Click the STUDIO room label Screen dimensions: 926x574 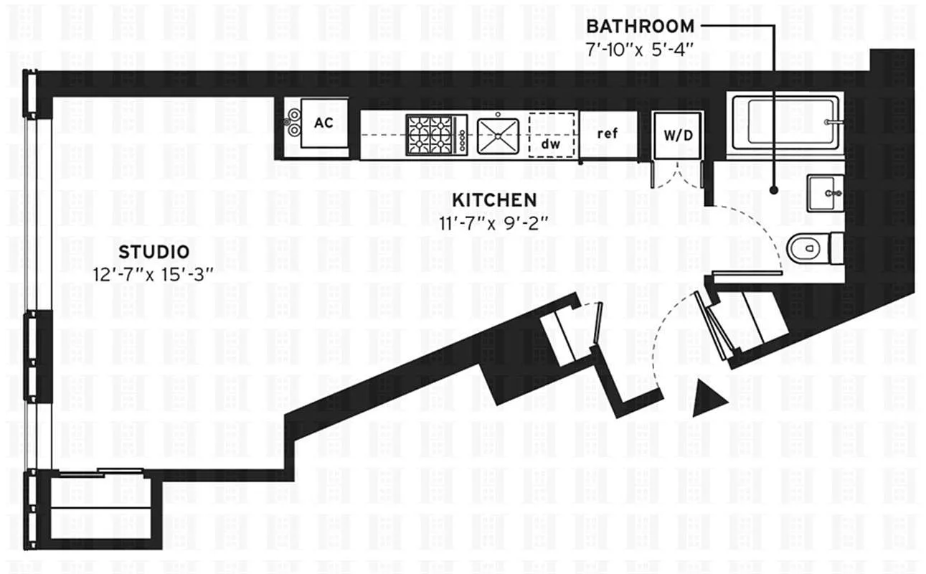point(153,252)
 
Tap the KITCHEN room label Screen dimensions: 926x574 point(494,200)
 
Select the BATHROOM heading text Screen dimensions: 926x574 point(641,27)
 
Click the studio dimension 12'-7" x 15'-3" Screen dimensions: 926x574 point(153,275)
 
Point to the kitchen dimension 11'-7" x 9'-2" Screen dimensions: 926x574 point(493,224)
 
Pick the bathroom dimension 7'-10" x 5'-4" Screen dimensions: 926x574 point(639,50)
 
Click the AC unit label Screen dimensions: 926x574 point(323,123)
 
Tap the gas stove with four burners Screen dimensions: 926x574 point(437,135)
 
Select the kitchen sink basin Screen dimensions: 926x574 point(498,136)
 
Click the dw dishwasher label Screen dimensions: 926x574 point(551,144)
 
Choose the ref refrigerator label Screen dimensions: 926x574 point(608,133)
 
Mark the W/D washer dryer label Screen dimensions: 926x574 point(679,135)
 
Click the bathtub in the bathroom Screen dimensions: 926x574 point(785,123)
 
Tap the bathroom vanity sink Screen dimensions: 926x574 point(825,193)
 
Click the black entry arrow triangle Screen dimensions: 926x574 point(708,400)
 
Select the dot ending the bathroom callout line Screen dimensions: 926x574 point(774,190)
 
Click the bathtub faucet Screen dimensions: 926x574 point(831,122)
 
